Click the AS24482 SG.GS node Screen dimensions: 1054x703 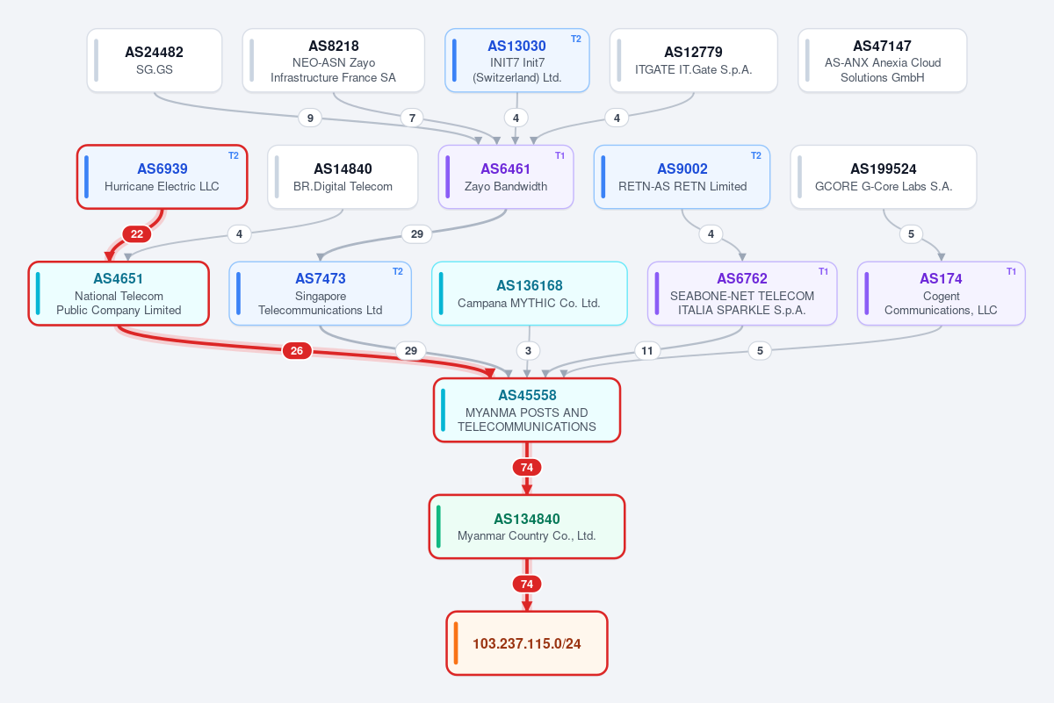pyautogui.click(x=155, y=61)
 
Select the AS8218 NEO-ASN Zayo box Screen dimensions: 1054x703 pyautogui.click(x=333, y=61)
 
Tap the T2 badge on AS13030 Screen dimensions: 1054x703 pyautogui.click(x=576, y=39)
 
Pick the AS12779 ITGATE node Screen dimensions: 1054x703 pyautogui.click(x=694, y=61)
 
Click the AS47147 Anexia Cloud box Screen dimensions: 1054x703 pyautogui.click(x=882, y=61)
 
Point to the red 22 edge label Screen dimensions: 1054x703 pyautogui.click(x=136, y=233)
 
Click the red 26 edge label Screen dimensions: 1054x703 pyautogui.click(x=297, y=350)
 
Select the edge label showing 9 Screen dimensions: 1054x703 pyautogui.click(x=310, y=118)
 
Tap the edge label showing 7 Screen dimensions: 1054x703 pyautogui.click(x=412, y=118)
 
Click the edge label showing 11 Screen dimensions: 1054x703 pyautogui.click(x=647, y=350)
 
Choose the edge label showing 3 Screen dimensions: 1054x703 pyautogui.click(x=528, y=350)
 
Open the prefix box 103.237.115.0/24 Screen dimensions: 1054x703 pyautogui.click(x=527, y=642)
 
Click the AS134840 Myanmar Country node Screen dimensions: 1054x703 pyautogui.click(x=527, y=527)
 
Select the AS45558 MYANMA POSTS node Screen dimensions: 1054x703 pyautogui.click(x=527, y=410)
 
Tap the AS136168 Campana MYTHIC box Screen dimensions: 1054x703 pyautogui.click(x=530, y=293)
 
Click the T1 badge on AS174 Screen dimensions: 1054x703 pyautogui.click(x=1011, y=271)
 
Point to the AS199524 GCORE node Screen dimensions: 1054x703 pyautogui.click(x=884, y=176)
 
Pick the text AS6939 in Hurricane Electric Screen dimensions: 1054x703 pyautogui.click(x=162, y=169)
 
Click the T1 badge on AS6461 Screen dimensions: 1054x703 pyautogui.click(x=560, y=155)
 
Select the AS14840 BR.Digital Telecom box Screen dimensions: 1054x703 pyautogui.click(x=343, y=176)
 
